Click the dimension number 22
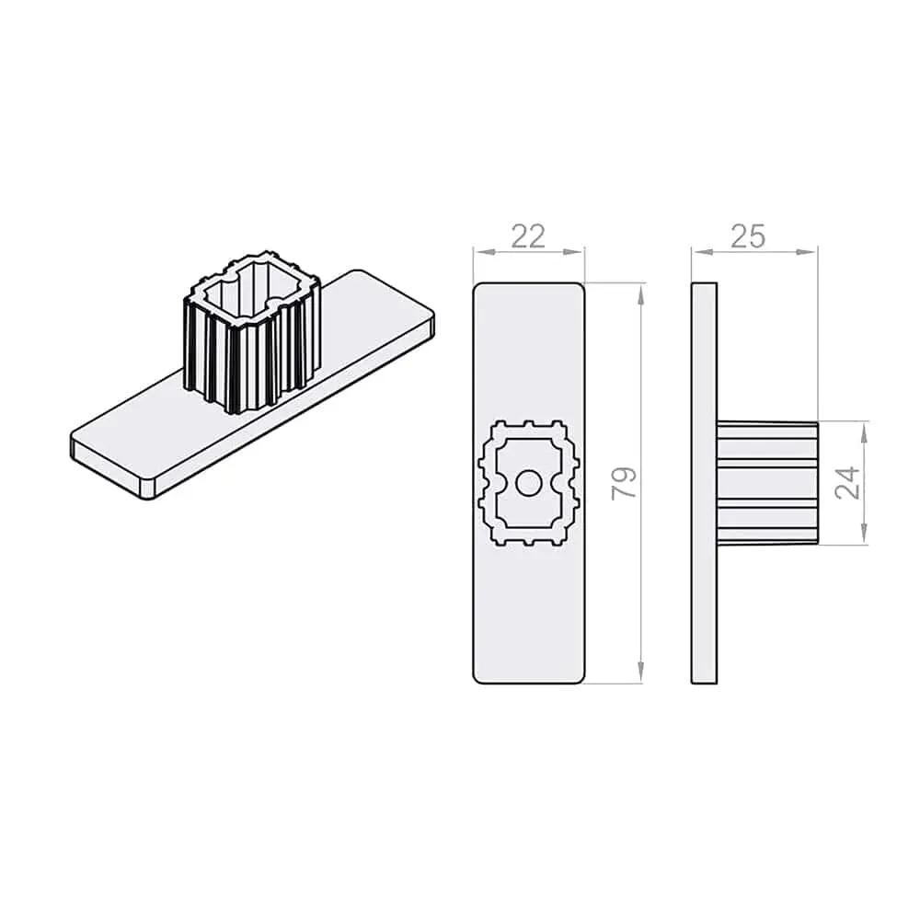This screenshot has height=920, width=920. point(529,236)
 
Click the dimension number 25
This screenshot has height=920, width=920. point(749,236)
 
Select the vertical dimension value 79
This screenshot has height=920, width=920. point(624,484)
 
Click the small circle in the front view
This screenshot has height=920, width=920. point(529,484)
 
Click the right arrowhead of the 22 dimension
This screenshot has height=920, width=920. point(574,252)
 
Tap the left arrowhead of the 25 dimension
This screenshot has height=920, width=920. point(702,252)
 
